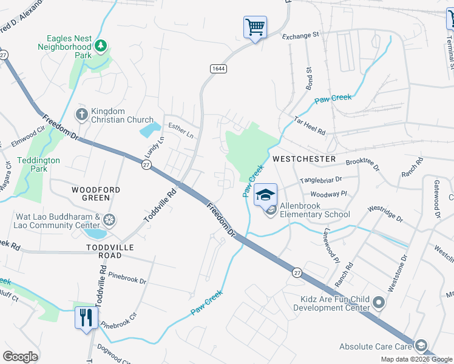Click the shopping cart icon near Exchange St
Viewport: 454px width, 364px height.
click(x=255, y=27)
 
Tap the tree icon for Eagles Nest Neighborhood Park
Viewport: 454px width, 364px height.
click(x=101, y=45)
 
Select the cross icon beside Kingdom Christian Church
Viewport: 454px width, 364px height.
click(x=81, y=115)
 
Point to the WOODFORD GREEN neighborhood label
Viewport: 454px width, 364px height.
click(x=96, y=194)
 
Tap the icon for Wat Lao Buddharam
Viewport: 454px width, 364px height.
click(x=109, y=219)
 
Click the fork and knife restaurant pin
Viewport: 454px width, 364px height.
click(x=86, y=317)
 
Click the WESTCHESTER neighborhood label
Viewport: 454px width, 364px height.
click(x=304, y=159)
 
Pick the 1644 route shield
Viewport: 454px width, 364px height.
click(x=219, y=69)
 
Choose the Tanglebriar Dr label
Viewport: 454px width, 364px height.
click(x=321, y=180)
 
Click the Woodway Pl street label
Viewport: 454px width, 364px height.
click(x=328, y=194)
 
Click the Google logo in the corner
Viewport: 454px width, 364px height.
click(x=20, y=357)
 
